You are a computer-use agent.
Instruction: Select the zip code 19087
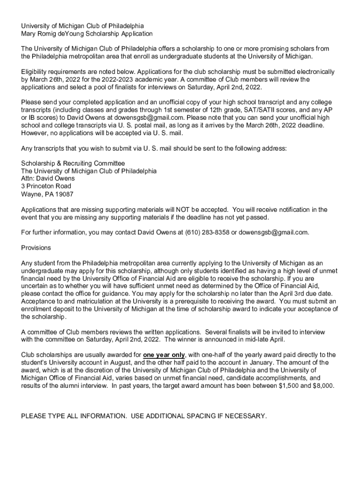(x=64, y=194)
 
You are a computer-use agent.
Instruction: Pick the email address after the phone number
(x=274, y=232)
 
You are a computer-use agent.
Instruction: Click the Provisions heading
(x=36, y=248)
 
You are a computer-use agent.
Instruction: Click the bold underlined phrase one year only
(x=164, y=355)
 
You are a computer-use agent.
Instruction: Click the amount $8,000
(x=322, y=385)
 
